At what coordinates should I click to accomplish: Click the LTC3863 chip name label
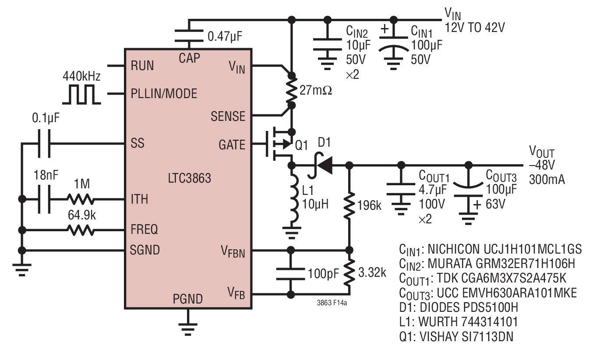189,178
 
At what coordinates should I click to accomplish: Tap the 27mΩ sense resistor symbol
291,91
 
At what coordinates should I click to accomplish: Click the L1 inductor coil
294,199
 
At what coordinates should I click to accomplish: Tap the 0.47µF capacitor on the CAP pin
189,36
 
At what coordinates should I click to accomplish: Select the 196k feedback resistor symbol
349,206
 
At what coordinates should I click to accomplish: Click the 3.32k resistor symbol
349,273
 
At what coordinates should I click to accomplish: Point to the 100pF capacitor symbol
291,274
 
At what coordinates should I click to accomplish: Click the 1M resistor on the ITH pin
80,199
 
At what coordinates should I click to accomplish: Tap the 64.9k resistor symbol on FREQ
80,230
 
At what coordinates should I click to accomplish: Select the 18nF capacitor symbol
44,199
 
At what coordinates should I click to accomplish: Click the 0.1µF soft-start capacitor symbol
44,144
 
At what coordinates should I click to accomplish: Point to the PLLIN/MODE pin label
164,94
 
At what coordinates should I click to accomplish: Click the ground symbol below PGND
188,329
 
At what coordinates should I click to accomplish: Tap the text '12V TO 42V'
475,27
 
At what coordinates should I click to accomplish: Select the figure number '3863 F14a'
332,303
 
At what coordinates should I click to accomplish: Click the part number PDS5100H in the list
469,307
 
